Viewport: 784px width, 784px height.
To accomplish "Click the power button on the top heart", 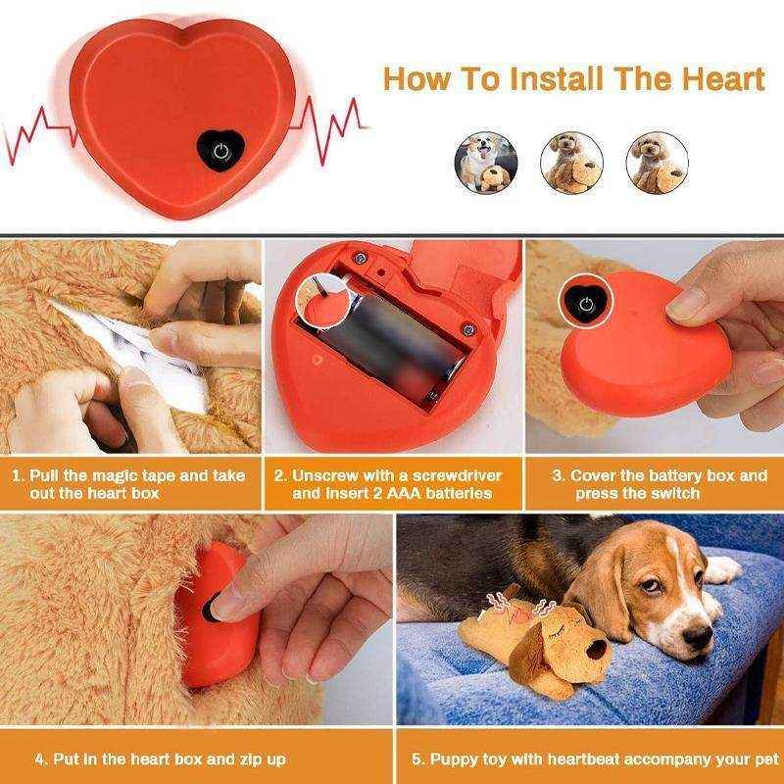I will (x=221, y=151).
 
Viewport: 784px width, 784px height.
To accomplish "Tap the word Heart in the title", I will (x=716, y=78).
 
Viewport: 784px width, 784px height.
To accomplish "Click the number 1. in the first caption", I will (x=19, y=476).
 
